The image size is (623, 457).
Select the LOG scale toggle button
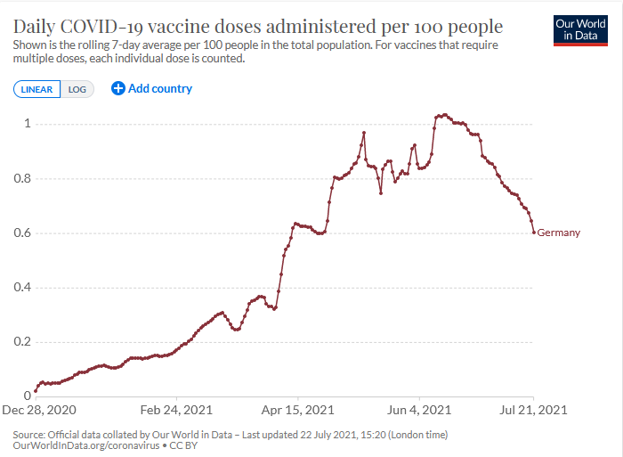77,89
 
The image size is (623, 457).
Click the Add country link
160,88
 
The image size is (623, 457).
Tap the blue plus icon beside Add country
118,88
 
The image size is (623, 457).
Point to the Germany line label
559,233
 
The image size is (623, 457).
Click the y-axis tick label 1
28,124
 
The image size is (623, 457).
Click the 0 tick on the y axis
28,396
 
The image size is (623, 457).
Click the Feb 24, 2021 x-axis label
178,411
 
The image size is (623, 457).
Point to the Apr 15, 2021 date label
297,411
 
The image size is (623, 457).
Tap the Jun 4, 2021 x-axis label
418,411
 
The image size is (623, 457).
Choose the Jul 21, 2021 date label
533,411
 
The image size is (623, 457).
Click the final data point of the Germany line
534,233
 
